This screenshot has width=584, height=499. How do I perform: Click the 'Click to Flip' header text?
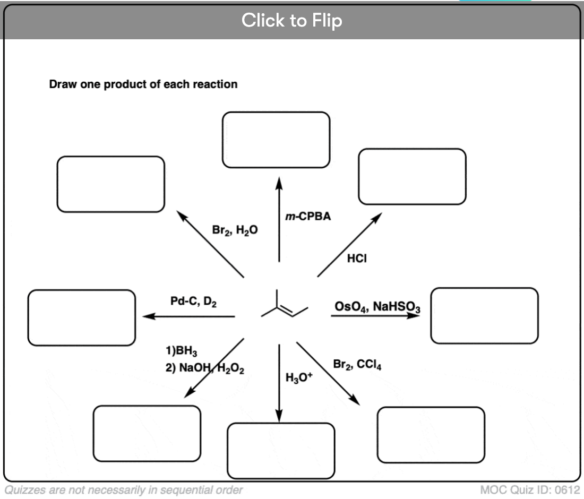pos(291,20)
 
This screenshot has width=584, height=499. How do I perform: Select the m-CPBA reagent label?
pos(308,217)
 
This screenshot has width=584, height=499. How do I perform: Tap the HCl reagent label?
pos(357,258)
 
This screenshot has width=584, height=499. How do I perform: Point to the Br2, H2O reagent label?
pos(235,230)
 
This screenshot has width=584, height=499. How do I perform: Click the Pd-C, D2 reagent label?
pos(193,302)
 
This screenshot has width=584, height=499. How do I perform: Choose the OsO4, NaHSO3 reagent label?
pos(377,307)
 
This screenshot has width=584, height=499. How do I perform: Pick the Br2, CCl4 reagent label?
pos(357,365)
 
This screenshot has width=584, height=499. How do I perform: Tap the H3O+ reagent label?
pos(299,377)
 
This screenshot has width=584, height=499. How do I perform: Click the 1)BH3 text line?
pos(182,351)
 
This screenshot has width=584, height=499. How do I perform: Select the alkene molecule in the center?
pos(285,304)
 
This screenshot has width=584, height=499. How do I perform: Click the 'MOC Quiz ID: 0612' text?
pos(530,489)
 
